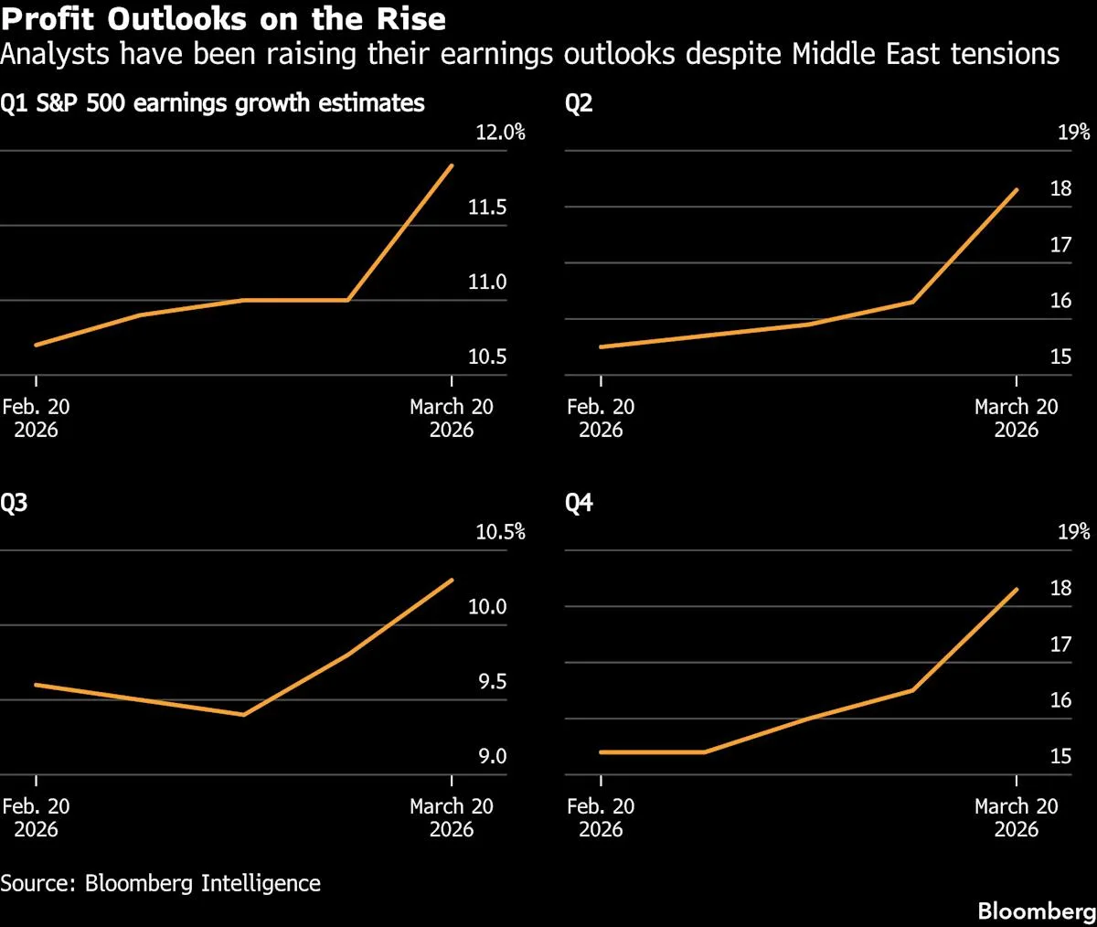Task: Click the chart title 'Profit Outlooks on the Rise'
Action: pos(223,18)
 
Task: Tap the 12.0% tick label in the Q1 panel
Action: pos(500,133)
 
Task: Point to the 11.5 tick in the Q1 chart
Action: pos(487,208)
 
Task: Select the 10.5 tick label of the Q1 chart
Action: pos(487,357)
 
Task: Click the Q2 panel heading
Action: pos(579,103)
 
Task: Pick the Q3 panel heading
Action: pos(14,503)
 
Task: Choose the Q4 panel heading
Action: pos(579,503)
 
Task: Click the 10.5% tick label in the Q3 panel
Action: pos(500,532)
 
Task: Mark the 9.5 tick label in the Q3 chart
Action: pos(492,682)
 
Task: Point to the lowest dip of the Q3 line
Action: pos(243,715)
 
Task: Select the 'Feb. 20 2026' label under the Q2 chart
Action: pos(601,419)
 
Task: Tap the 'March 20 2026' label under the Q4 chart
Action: pos(1016,818)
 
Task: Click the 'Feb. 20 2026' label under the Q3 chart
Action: pos(36,818)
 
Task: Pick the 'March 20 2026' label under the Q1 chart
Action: pos(452,419)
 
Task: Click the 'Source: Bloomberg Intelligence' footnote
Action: pos(161,883)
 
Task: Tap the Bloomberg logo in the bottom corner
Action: pos(1036,911)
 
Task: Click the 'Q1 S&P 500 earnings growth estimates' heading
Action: pos(212,103)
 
